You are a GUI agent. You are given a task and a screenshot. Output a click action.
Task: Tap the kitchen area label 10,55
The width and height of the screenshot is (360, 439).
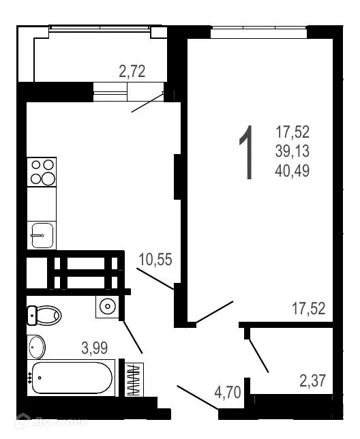[x=155, y=259]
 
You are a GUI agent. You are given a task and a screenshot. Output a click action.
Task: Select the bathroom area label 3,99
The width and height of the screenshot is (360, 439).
[x=95, y=348]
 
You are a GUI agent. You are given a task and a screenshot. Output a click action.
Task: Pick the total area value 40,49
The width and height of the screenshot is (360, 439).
[x=293, y=170]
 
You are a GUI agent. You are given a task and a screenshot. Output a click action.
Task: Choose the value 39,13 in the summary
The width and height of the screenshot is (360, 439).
[x=293, y=151]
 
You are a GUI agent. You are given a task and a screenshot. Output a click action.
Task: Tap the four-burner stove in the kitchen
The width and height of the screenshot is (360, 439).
[x=42, y=172]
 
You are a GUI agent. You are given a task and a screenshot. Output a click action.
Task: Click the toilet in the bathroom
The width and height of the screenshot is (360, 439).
[x=44, y=315]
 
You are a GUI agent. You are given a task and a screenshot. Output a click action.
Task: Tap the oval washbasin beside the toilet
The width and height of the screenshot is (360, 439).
[x=37, y=347]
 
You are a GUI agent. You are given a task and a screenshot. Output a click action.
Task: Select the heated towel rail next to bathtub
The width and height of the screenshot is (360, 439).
[x=133, y=380]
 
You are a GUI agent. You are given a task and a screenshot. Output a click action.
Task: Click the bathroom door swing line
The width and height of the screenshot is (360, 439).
[x=132, y=336]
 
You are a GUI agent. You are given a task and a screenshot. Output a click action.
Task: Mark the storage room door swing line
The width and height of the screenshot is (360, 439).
[x=258, y=353]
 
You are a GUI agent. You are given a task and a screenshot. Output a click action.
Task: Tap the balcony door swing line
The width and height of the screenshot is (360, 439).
[x=147, y=103]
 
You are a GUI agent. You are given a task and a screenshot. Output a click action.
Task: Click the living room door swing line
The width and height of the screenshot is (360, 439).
[x=214, y=312]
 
